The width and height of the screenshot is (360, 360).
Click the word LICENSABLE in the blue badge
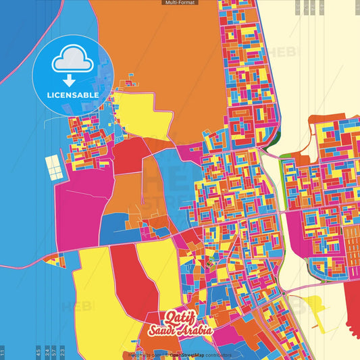(x=73, y=95)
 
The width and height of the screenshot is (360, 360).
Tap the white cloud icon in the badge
(x=73, y=61)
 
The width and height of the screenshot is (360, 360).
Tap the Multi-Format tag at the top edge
(x=180, y=3)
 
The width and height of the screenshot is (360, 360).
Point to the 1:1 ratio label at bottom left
(x=3, y=352)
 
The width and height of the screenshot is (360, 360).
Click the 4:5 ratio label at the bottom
(x=38, y=352)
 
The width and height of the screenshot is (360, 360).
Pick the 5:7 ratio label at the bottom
(x=54, y=352)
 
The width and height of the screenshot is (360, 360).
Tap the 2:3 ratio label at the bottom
(x=62, y=352)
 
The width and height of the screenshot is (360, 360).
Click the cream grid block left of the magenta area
(x=54, y=168)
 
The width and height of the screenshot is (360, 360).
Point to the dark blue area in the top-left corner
(x=17, y=27)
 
